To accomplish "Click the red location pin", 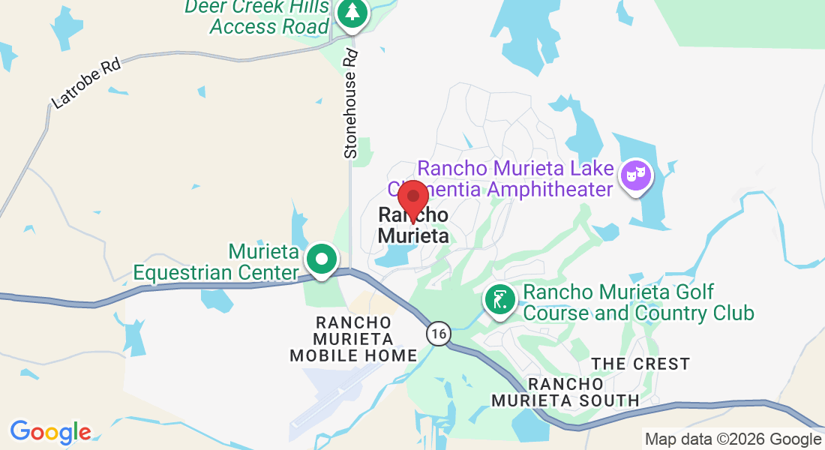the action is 412,198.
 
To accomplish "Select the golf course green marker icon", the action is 500,301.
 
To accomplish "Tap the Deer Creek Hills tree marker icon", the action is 350,13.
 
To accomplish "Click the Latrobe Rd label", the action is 85,83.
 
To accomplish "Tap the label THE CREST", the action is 640,364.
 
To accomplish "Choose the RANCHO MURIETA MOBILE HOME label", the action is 353,338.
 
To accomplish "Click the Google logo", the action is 50,432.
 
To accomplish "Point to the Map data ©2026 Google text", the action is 733,439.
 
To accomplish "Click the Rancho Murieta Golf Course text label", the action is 637,301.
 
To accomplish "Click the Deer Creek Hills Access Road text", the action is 256,16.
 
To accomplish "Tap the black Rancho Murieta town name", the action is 413,225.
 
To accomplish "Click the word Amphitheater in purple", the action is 550,189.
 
